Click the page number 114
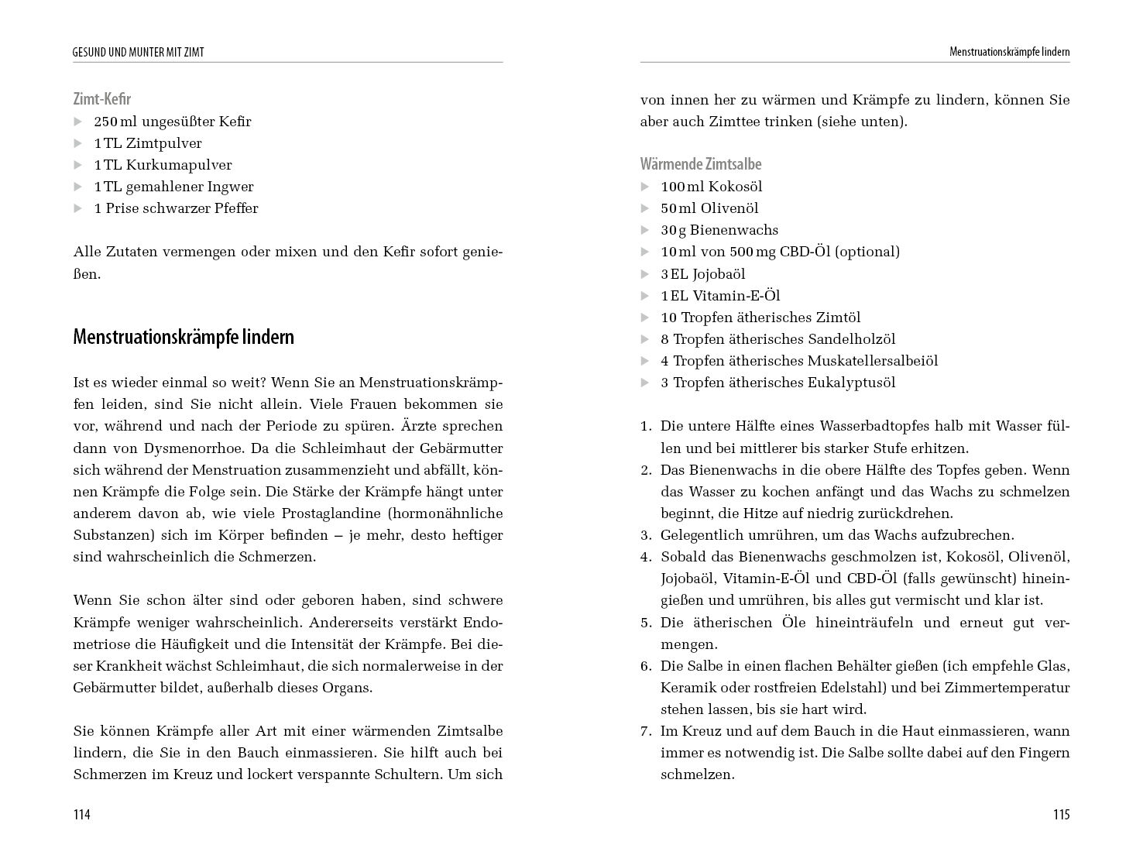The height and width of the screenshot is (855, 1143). tap(82, 814)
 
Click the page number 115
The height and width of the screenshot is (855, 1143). tap(1060, 814)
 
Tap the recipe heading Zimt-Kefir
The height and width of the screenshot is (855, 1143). tap(102, 99)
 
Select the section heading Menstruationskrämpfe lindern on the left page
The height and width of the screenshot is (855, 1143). tap(184, 337)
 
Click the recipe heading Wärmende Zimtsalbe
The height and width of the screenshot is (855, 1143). tap(700, 164)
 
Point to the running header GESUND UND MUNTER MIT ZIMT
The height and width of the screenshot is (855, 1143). tap(144, 53)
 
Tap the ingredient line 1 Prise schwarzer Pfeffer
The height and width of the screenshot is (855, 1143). tap(176, 208)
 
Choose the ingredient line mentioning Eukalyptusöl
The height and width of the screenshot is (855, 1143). tap(777, 383)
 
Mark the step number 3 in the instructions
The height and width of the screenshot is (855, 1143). tap(645, 535)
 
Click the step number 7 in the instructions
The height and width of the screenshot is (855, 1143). tap(645, 731)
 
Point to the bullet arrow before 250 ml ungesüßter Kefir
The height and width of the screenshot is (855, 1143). tap(77, 122)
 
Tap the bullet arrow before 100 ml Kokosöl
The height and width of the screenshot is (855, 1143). tap(645, 187)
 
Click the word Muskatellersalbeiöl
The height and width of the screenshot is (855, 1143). tap(872, 361)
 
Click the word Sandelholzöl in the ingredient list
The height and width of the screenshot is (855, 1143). tap(851, 339)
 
